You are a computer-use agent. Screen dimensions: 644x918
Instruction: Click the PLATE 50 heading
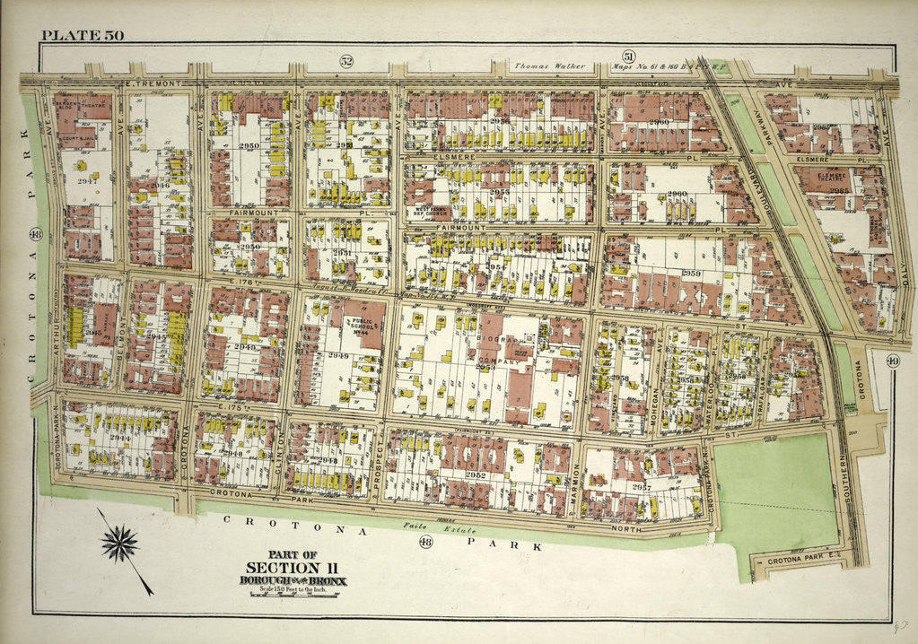[82, 36]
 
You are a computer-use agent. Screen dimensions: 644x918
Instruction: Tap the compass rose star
[120, 544]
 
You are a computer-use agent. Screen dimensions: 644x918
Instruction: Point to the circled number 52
[345, 61]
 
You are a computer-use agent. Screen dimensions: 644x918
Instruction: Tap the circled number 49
[892, 361]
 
